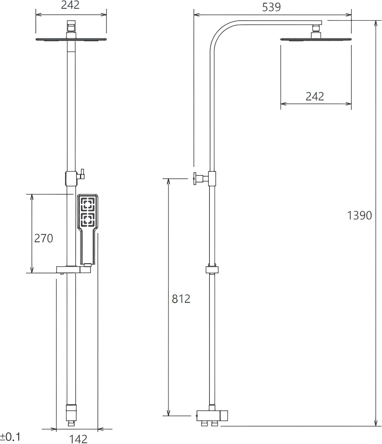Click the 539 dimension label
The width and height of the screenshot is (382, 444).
pos(272,7)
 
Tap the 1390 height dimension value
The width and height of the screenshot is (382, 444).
pos(359,215)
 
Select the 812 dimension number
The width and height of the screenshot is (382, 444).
pos(181,299)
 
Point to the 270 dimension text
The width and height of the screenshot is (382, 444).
pos(44,238)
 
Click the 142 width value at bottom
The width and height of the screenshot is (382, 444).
pos(78,439)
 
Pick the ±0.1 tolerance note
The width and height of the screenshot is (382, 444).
pos(10,437)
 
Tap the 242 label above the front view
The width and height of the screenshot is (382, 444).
pos(70,5)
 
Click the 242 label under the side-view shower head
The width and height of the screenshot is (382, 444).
pos(315,96)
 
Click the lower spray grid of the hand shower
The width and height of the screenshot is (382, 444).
pos(88,220)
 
